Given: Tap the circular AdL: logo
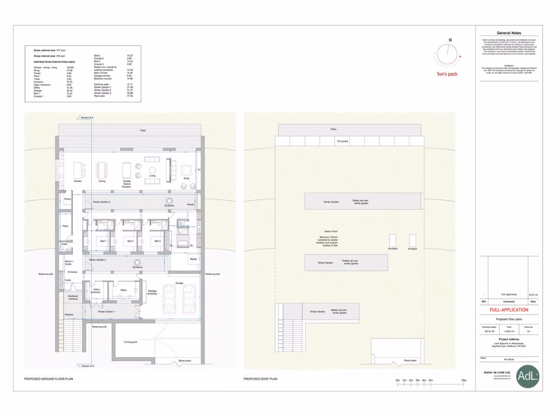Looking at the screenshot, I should tap(528, 376).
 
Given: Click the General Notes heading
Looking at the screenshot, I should tap(508, 33).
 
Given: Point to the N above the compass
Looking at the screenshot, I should tap(450, 40).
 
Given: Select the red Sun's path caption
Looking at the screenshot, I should tap(447, 74).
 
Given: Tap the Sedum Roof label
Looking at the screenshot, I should tap(332, 231).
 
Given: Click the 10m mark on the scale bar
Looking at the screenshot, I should tap(463, 380).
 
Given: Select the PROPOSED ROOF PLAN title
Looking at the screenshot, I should tap(260, 378).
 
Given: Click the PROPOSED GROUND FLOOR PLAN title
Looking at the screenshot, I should tap(49, 378).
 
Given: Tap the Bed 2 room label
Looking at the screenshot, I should tap(130, 241).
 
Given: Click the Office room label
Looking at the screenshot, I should tap(124, 290).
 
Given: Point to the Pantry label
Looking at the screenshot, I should tap(68, 199).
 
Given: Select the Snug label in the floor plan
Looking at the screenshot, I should tap(186, 178).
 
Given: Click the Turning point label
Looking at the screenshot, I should tap(131, 342).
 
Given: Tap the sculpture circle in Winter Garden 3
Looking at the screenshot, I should tap(169, 202).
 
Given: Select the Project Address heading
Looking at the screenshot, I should tap(509, 339).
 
